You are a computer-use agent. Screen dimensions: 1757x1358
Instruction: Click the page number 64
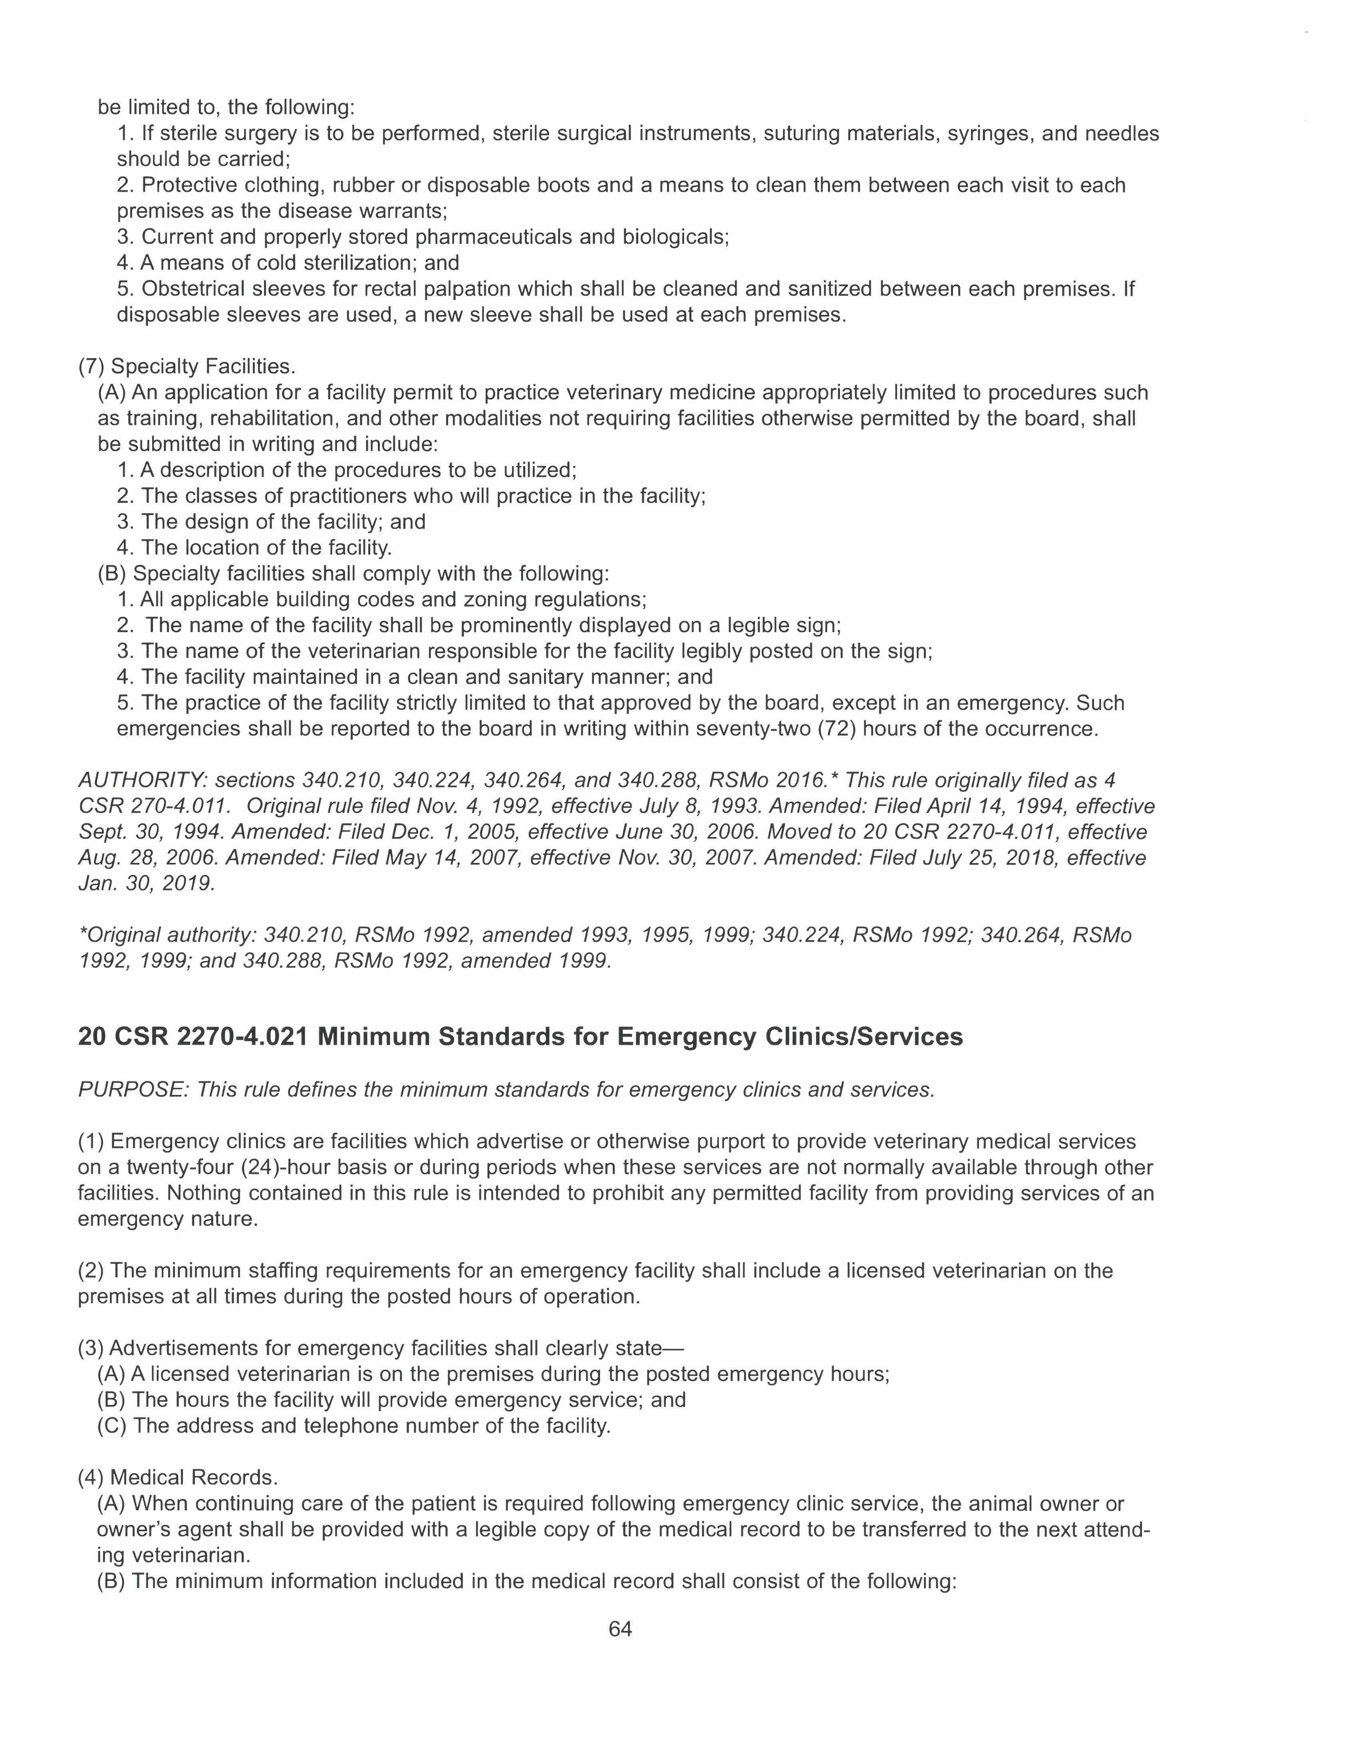click(620, 1629)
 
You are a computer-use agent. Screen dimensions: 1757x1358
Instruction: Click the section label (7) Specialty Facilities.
click(187, 367)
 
